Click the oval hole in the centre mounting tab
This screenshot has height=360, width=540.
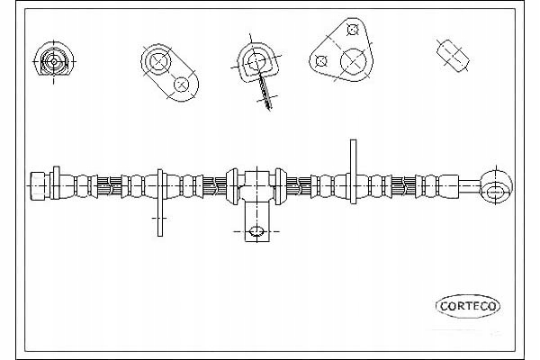click(x=256, y=231)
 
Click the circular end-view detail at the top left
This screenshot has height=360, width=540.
click(x=51, y=61)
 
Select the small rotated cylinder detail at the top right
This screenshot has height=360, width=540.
click(x=453, y=55)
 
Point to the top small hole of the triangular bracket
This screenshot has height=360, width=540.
click(x=353, y=29)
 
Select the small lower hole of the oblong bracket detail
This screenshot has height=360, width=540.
click(x=182, y=84)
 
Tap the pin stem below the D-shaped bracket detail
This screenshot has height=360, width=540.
click(x=263, y=90)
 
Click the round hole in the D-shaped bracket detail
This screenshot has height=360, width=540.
click(x=255, y=62)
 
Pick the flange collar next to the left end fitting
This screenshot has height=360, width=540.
click(x=56, y=184)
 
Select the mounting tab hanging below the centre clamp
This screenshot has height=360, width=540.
click(x=256, y=223)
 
